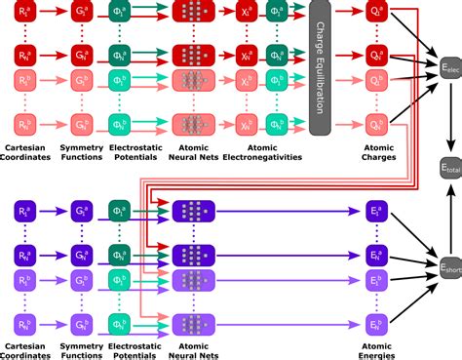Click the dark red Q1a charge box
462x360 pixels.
(373, 14)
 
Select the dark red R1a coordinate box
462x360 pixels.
(28, 14)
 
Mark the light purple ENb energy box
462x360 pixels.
(373, 296)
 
